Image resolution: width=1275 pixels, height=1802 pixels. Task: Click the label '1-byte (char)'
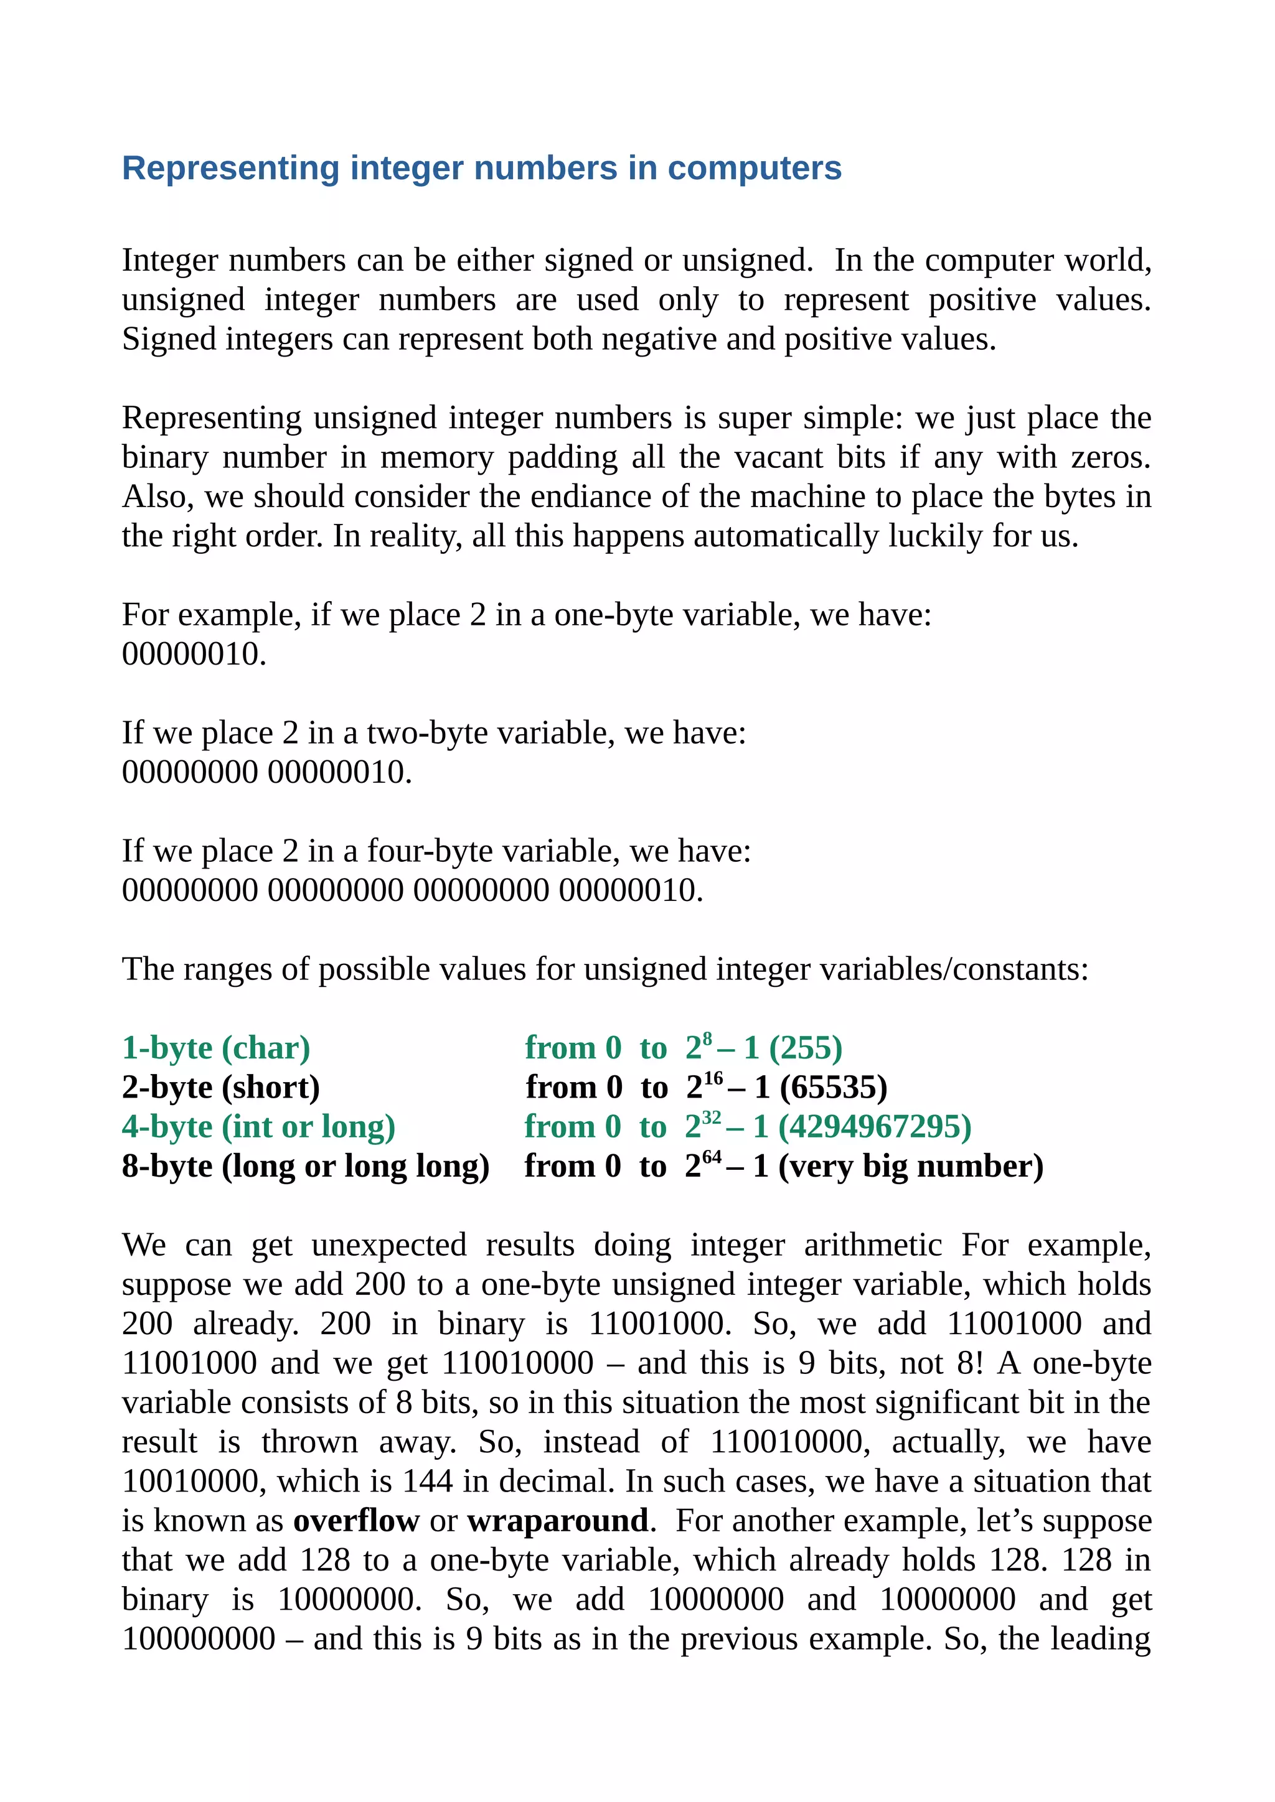point(216,1048)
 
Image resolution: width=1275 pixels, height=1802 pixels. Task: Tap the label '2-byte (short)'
point(220,1088)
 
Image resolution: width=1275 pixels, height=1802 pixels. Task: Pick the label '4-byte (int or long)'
point(258,1127)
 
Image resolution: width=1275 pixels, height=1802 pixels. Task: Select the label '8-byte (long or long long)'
point(306,1166)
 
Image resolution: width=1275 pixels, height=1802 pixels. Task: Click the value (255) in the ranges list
point(806,1048)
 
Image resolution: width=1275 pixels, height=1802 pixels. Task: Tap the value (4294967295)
point(875,1127)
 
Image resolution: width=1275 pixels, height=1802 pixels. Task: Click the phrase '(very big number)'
point(911,1166)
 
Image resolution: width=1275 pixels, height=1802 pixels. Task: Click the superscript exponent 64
point(712,1157)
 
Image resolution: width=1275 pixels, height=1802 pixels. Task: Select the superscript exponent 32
point(712,1118)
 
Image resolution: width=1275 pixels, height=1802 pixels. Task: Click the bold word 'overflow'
point(357,1521)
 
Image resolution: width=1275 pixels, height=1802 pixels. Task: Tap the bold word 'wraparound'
point(557,1521)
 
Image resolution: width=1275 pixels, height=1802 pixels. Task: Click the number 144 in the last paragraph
point(428,1482)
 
